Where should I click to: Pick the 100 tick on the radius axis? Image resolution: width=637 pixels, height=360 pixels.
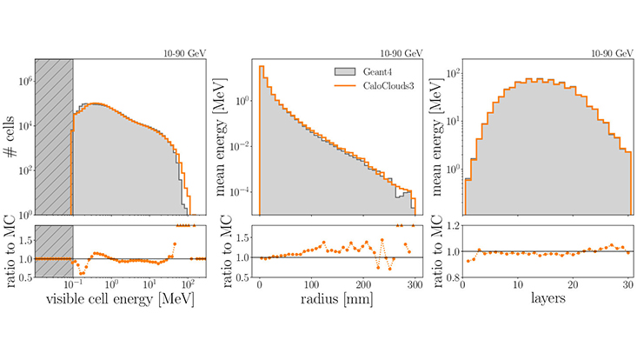pyautogui.click(x=311, y=283)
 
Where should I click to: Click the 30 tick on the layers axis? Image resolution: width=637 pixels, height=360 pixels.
pyautogui.click(x=627, y=283)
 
